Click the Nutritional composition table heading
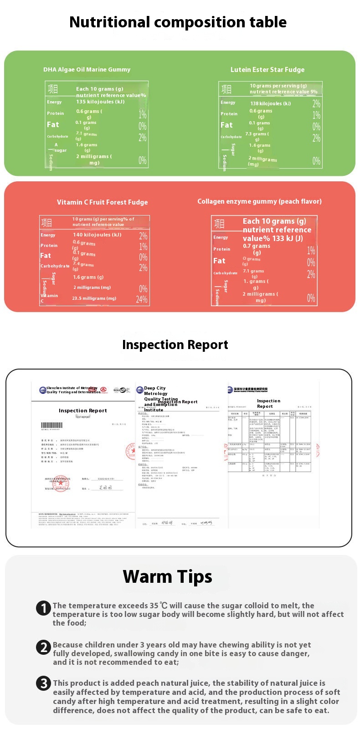coord(178,22)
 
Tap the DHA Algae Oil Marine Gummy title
coord(87,70)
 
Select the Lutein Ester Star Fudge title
coord(267,70)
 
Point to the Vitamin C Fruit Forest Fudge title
coord(102,202)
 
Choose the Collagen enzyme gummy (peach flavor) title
coord(259,201)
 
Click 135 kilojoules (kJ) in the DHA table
coord(100,102)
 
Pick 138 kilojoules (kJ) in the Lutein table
coord(270,103)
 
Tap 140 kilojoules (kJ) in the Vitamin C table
coord(97,235)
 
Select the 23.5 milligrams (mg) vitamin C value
coord(94,298)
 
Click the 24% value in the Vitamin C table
coord(142,299)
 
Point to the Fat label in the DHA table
coord(53,124)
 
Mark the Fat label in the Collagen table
coord(219,261)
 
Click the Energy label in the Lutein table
coord(228,103)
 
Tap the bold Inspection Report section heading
coord(175,345)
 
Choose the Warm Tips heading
coord(167,577)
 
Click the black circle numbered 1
coord(43,608)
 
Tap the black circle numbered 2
coord(43,647)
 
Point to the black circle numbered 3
coord(43,683)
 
